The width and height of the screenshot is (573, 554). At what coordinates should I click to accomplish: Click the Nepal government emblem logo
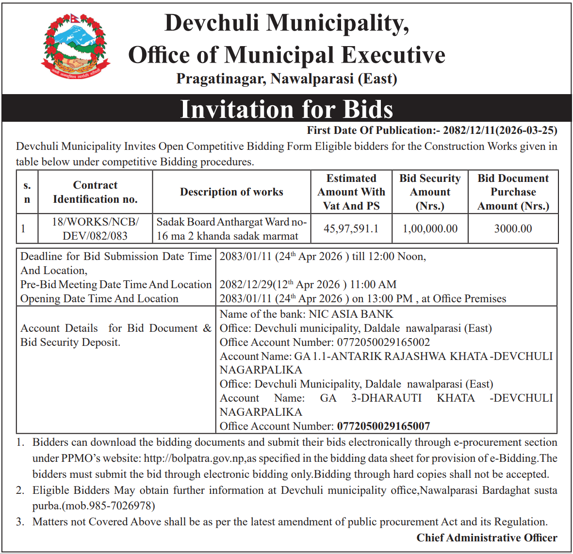pyautogui.click(x=75, y=46)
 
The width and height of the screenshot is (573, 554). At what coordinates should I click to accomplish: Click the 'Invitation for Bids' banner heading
pyautogui.click(x=286, y=109)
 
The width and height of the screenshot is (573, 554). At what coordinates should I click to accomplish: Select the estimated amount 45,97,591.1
pyautogui.click(x=351, y=228)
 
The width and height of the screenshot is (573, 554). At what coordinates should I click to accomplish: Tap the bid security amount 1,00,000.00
pyautogui.click(x=430, y=228)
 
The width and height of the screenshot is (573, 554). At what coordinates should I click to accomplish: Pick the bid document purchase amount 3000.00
pyautogui.click(x=513, y=228)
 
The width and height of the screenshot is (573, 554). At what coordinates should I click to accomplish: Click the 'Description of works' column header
pyautogui.click(x=231, y=192)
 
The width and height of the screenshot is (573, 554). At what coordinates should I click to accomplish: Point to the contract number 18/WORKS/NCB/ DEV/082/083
pyautogui.click(x=95, y=229)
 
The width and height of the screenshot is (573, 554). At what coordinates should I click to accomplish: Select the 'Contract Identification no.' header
pyautogui.click(x=95, y=192)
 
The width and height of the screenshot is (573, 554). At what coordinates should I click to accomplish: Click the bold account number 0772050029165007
pyautogui.click(x=383, y=426)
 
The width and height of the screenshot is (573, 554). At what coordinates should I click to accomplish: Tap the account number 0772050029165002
pyautogui.click(x=383, y=342)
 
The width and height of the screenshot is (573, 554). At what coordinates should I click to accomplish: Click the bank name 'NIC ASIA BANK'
pyautogui.click(x=351, y=314)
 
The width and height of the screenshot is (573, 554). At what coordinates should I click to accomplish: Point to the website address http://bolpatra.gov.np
pyautogui.click(x=195, y=458)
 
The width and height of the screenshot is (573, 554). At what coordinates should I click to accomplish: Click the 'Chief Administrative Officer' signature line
pyautogui.click(x=487, y=538)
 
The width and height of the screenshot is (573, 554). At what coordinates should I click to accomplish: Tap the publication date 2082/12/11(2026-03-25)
pyautogui.click(x=500, y=130)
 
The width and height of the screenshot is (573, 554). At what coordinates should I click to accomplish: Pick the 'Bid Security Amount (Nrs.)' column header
pyautogui.click(x=430, y=192)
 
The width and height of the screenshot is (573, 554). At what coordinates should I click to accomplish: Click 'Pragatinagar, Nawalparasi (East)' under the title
pyautogui.click(x=286, y=79)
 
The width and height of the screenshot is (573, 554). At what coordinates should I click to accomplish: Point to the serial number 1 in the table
pyautogui.click(x=23, y=228)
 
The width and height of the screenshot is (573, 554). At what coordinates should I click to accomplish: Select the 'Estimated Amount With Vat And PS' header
pyautogui.click(x=351, y=192)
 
